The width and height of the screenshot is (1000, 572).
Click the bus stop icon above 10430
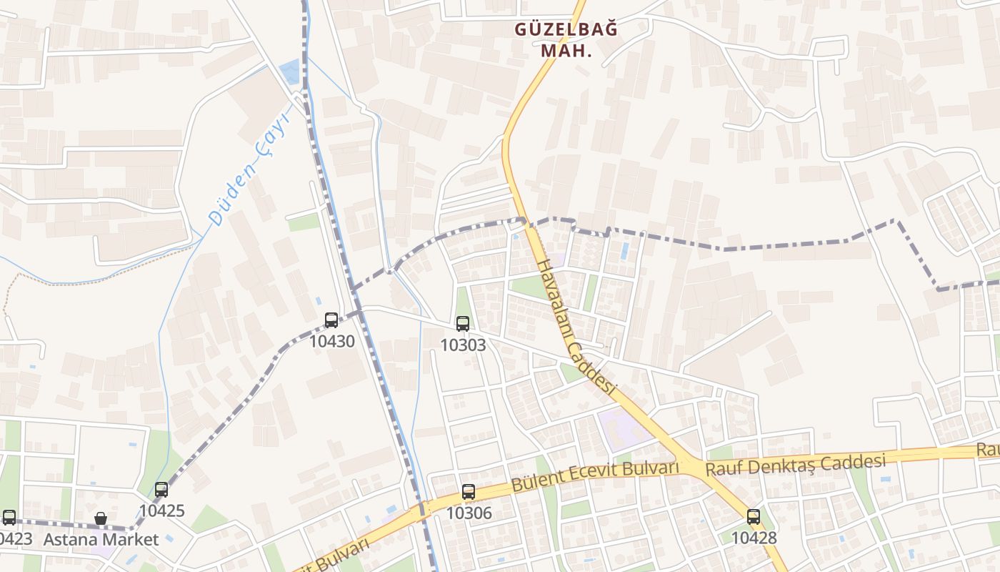[x=331, y=320]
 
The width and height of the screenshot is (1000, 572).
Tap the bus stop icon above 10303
[x=463, y=324]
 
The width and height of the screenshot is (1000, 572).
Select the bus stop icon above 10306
[x=469, y=492]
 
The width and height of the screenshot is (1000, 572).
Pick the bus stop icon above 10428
[x=754, y=517]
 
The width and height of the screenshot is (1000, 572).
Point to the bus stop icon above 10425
[x=161, y=490]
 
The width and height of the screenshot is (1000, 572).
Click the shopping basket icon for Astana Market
[x=101, y=518]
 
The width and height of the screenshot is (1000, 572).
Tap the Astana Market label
[x=101, y=539]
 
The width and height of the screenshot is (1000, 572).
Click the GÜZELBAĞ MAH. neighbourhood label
[x=566, y=40]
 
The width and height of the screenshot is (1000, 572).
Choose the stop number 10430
[x=331, y=341]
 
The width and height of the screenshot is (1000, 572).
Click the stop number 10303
[x=463, y=345]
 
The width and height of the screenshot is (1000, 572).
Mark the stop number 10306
[x=469, y=513]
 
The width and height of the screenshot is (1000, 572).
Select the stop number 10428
[x=754, y=538]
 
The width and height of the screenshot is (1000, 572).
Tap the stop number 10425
[x=161, y=511]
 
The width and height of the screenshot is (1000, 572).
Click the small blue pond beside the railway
[x=290, y=70]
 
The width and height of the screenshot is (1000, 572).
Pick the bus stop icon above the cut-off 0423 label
[x=9, y=518]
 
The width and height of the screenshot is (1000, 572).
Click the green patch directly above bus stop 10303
[x=463, y=301]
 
